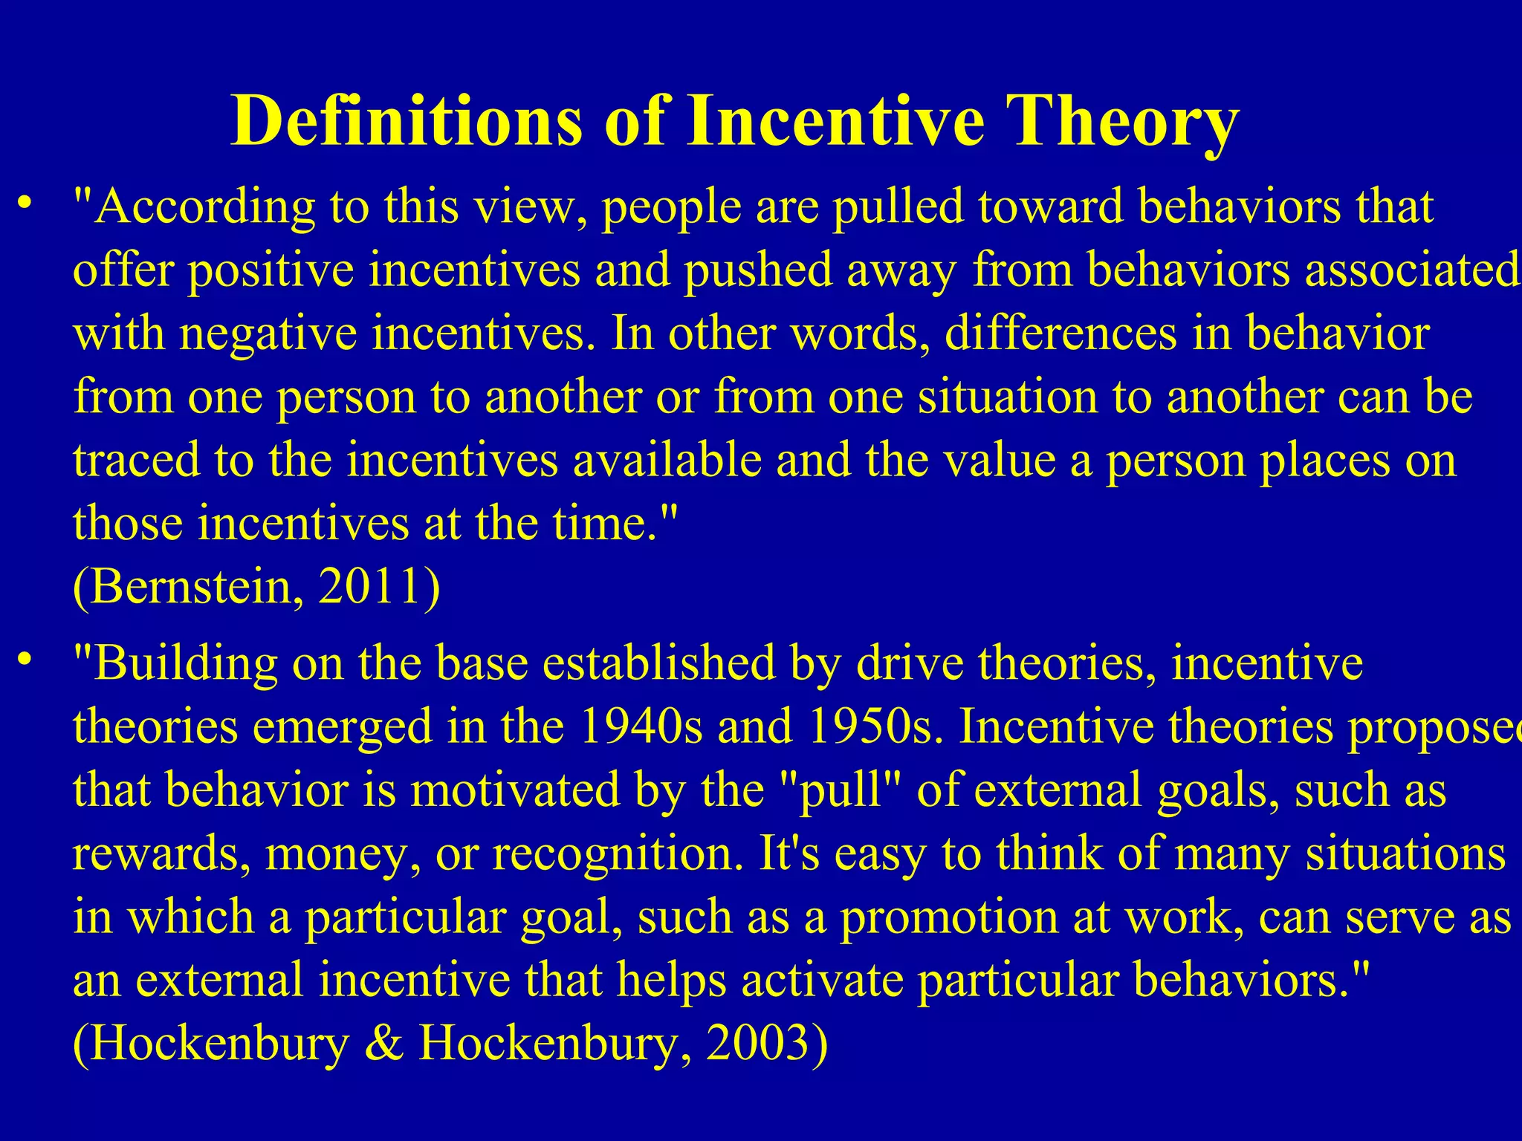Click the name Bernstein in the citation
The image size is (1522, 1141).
190,587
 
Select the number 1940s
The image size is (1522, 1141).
640,726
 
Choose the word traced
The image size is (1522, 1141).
137,461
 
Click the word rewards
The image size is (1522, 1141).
161,854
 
